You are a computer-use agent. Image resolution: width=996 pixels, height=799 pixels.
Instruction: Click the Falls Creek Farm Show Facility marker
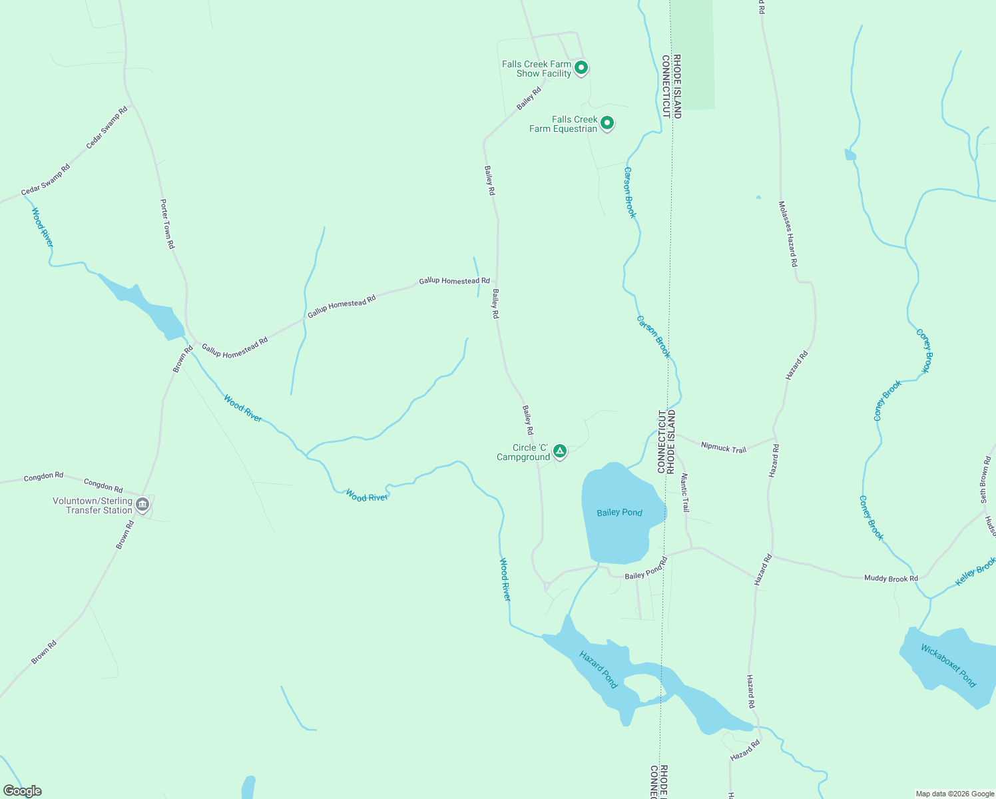coord(581,68)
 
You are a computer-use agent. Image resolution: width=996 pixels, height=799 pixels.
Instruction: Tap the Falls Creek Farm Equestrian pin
coord(607,123)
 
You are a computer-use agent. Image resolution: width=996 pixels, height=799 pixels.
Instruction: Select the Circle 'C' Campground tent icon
coord(560,451)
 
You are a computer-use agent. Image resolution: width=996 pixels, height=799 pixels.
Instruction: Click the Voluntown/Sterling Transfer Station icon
coord(142,505)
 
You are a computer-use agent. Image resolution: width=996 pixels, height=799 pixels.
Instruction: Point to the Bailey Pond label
coord(619,512)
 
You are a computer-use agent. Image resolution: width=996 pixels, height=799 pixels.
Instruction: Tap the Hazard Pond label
coord(599,669)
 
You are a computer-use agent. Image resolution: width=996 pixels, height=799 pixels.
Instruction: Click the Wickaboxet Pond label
coord(948,665)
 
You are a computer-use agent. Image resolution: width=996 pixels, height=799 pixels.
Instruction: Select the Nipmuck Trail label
coord(724,448)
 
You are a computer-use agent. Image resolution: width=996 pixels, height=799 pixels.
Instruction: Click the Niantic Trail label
coord(685,493)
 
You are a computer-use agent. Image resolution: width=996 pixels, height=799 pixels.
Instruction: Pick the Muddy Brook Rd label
coord(891,578)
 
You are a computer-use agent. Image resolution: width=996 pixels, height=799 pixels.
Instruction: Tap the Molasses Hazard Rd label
coord(788,234)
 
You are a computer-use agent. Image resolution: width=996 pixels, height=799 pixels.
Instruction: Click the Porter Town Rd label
coord(167,224)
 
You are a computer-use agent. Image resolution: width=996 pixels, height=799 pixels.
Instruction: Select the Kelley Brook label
coord(975,572)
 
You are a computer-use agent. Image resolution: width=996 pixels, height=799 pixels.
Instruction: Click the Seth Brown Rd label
coord(984,479)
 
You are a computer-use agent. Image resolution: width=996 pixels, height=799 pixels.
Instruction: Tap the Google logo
coord(23,791)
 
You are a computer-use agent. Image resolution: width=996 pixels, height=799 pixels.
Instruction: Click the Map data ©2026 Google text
coord(955,794)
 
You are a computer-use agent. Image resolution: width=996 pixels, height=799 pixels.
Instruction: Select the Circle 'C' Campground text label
coord(523,452)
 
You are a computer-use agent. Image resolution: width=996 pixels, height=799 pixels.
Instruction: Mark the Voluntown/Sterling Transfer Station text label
coord(93,505)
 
